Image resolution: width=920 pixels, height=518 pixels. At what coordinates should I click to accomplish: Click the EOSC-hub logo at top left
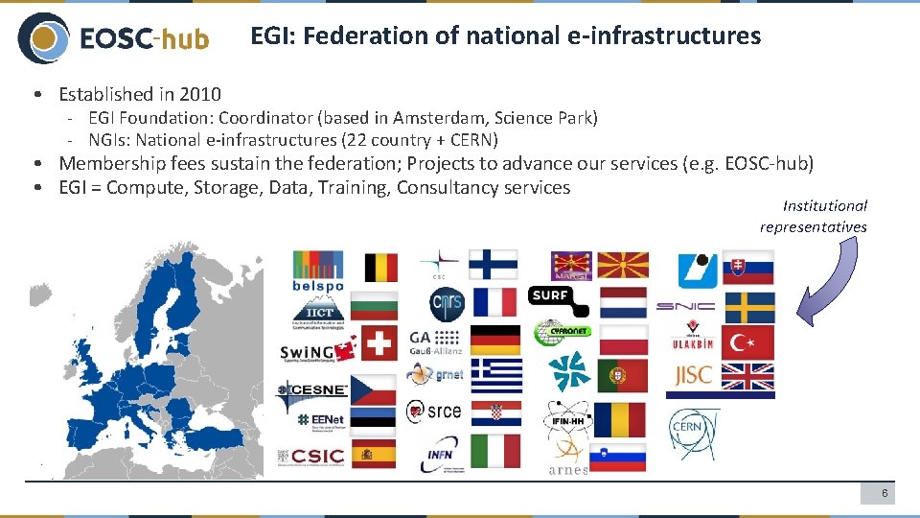(113, 38)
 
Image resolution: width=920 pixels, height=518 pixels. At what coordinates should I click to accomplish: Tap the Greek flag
(495, 376)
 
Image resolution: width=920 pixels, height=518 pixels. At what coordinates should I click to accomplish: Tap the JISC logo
(693, 375)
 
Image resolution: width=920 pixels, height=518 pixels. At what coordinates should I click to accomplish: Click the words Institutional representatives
(814, 216)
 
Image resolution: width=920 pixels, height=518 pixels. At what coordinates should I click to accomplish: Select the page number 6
(885, 493)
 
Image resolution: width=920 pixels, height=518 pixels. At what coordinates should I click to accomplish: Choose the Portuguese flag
(623, 377)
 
